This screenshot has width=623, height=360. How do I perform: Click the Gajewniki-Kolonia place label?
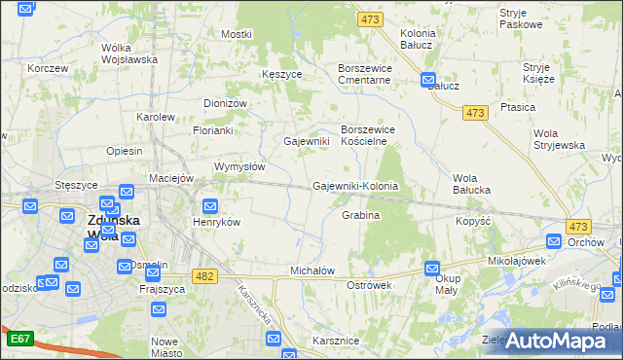pyautogui.click(x=355, y=186)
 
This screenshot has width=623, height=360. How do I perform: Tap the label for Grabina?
pyautogui.click(x=360, y=215)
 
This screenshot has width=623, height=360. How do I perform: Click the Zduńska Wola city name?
pyautogui.click(x=114, y=227)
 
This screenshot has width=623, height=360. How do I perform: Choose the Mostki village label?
pyautogui.click(x=237, y=34)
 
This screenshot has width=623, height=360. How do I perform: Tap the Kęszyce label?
pyautogui.click(x=281, y=74)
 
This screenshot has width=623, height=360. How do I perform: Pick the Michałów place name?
pyautogui.click(x=312, y=270)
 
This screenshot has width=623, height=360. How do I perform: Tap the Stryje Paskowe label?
pyautogui.click(x=521, y=18)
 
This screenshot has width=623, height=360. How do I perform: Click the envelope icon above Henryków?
pyautogui.click(x=210, y=205)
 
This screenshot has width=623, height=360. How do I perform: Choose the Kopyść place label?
pyautogui.click(x=471, y=222)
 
